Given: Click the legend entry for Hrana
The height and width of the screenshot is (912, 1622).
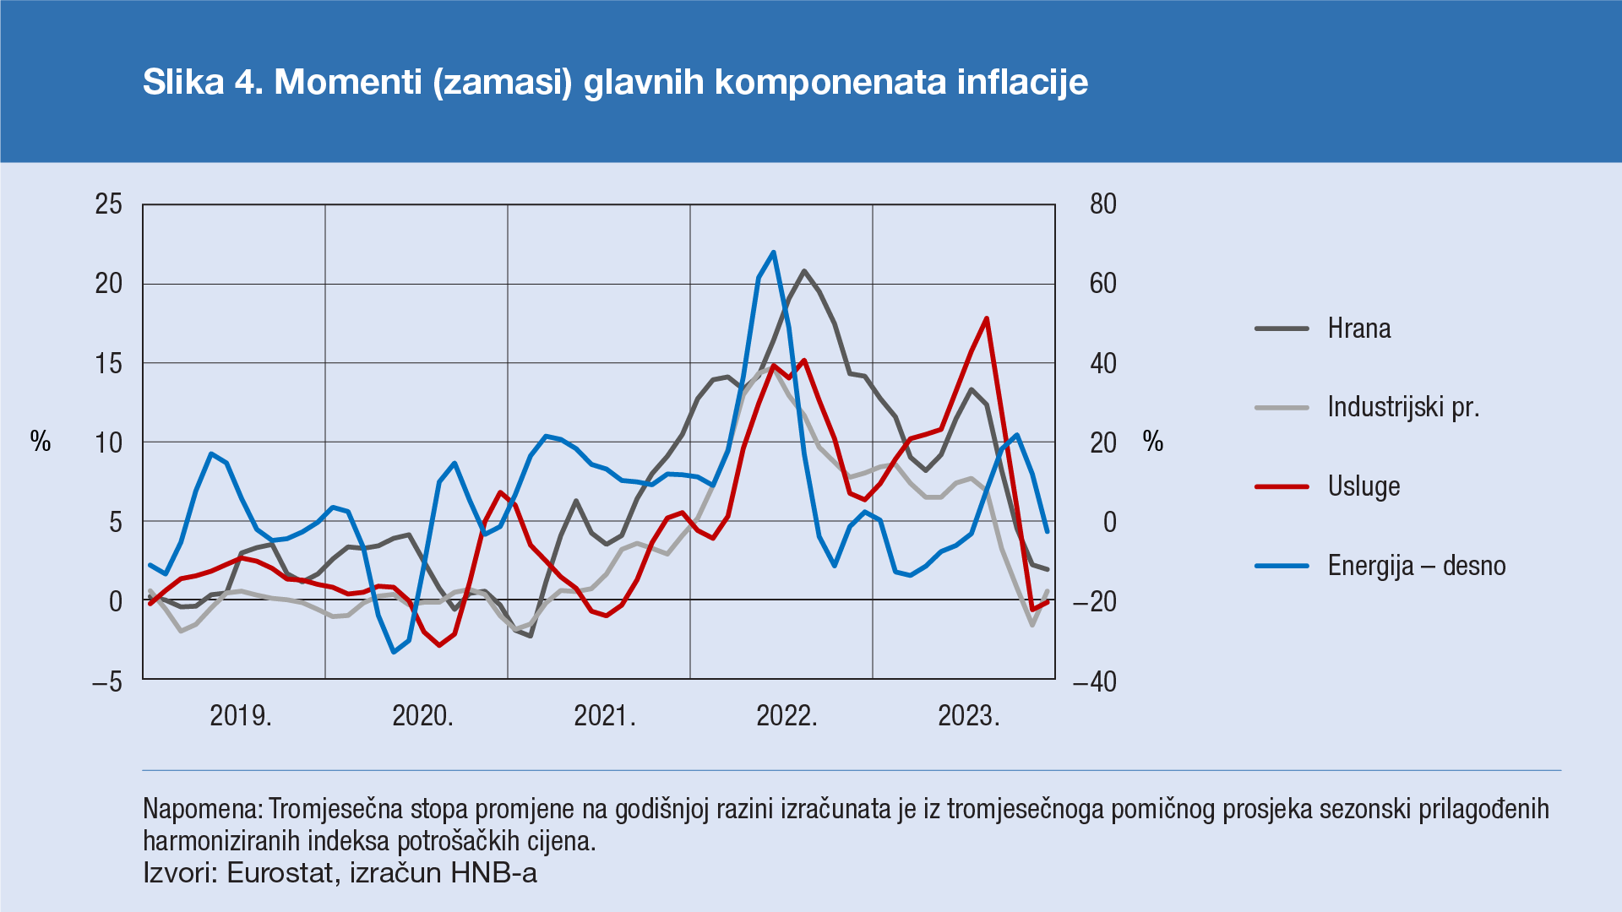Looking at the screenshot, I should point(1358,328).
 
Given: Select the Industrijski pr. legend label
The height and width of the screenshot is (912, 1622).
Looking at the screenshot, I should point(1402,407).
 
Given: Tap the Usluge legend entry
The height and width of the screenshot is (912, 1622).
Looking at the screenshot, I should point(1363,486).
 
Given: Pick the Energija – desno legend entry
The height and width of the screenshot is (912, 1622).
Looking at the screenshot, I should point(1416,565).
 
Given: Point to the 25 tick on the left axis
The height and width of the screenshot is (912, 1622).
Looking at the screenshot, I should point(109,204).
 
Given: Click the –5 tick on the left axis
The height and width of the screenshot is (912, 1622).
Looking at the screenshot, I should point(107,681).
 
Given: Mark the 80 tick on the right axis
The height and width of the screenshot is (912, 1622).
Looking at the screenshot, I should point(1102,204).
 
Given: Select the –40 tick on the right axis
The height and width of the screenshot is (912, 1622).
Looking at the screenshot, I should point(1094,681).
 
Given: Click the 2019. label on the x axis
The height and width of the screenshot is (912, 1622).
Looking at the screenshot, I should point(241,716).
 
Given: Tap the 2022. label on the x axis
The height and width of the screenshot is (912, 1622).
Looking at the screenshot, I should point(787,716).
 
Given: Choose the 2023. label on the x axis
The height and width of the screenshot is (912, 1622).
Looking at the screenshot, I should point(969,716).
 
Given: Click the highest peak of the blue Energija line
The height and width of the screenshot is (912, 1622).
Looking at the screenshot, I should point(773,252).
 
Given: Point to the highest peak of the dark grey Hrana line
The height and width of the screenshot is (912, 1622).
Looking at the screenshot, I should point(803,271).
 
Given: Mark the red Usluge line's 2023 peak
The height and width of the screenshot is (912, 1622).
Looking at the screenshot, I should point(987,318).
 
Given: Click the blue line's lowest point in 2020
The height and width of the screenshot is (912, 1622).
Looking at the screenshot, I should point(394,652).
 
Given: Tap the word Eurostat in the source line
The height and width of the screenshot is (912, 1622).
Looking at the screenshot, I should point(280,872).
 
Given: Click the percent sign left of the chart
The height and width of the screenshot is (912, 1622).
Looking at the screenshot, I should point(41,441).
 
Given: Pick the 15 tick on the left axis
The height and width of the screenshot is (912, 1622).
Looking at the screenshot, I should point(109,363).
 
